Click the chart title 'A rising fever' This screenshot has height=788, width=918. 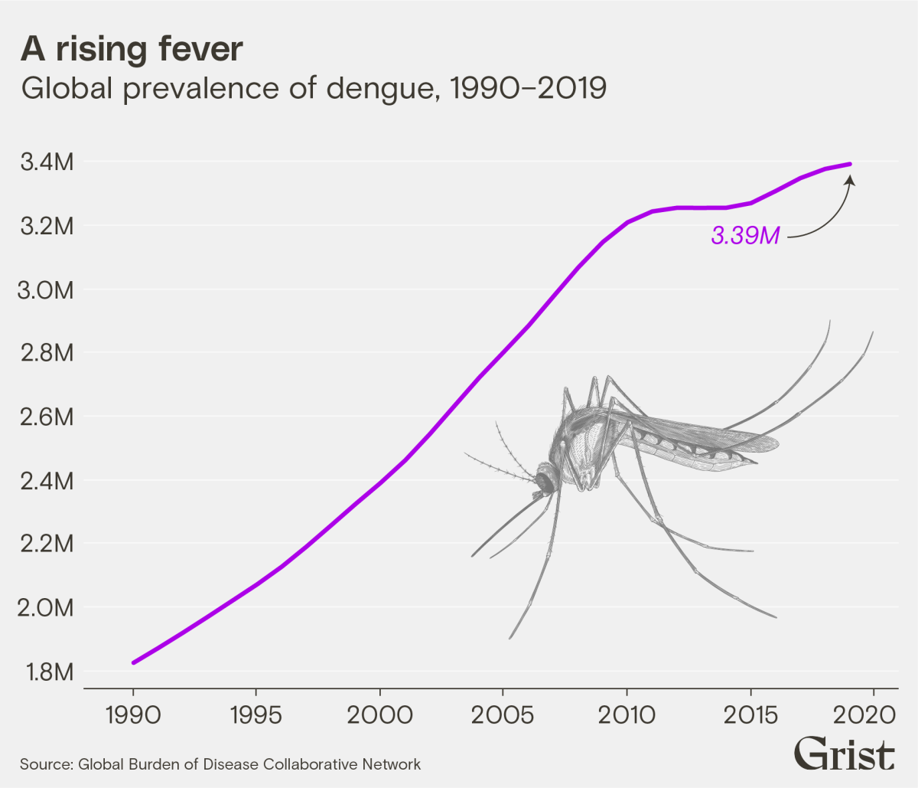pos(132,50)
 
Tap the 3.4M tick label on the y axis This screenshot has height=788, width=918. pos(47,162)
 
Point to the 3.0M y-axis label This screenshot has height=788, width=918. pos(47,290)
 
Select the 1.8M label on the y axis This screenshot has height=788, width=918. pos(47,672)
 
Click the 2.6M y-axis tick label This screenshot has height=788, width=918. pos(47,417)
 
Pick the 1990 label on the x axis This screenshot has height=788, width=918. pos(132,715)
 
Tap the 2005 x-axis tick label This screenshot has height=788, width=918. pos(503,715)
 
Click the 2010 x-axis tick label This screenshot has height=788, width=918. pos(627,715)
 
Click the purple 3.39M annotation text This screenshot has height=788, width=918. pos(745,236)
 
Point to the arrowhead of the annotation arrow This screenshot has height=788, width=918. pos(850,179)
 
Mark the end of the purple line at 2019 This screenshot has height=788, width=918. pos(849,164)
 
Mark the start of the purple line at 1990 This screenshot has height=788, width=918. pos(134,662)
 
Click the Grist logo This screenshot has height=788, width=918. pos(844,754)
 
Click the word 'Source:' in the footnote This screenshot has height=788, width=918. pos(46,764)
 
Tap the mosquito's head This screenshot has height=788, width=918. pos(545,480)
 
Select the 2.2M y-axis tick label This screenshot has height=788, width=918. pos(47,544)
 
